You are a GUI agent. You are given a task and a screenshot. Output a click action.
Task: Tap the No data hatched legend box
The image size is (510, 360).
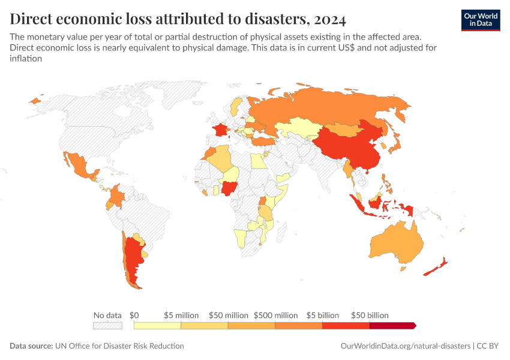[107, 325]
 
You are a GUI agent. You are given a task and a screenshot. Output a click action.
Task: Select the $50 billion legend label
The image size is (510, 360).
[370, 315]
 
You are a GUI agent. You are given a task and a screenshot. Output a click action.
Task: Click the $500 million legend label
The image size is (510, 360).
[275, 315]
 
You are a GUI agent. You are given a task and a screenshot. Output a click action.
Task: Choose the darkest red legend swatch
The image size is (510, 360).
[392, 325]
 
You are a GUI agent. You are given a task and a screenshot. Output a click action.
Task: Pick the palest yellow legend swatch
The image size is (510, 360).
[157, 325]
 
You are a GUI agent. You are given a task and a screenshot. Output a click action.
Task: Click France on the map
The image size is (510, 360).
[221, 130]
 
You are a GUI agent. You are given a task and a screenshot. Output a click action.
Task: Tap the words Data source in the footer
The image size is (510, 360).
[30, 346]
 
